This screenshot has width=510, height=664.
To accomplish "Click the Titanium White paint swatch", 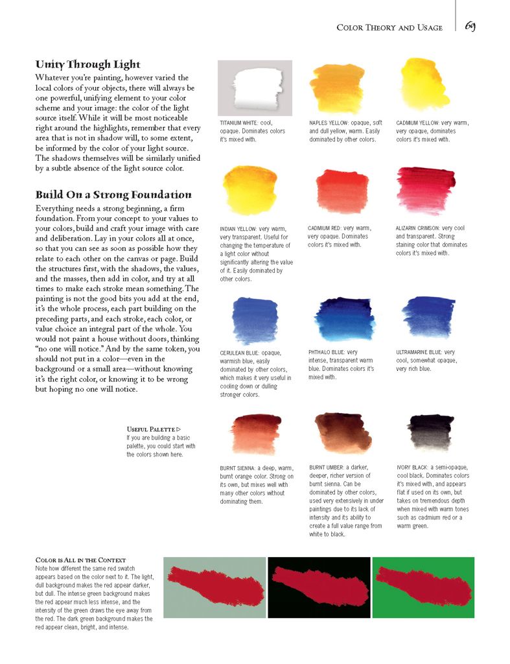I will (x=255, y=88).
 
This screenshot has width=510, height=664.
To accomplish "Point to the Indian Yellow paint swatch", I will (x=249, y=189).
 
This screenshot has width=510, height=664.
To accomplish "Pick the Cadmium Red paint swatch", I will (x=338, y=193).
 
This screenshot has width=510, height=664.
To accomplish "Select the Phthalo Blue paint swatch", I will (x=342, y=319).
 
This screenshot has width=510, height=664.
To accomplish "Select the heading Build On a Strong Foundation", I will (x=113, y=195).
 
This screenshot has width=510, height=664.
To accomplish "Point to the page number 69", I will (x=470, y=26).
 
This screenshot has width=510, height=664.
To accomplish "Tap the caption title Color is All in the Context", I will (x=80, y=560).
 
